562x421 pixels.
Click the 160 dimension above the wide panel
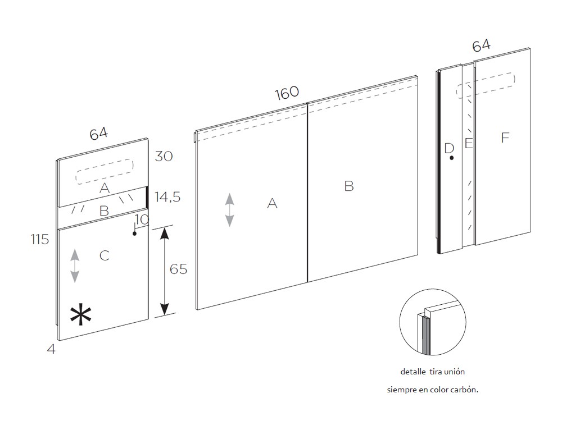click(287, 93)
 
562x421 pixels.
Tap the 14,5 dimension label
click(167, 197)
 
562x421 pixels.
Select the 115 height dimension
click(40, 239)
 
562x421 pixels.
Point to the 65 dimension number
click(178, 269)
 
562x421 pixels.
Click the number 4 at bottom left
click(51, 349)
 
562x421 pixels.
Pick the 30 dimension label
click(164, 156)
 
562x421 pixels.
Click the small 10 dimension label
click(142, 219)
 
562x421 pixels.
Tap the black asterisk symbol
click(80, 315)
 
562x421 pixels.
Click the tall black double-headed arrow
click(164, 271)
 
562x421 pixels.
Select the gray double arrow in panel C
click(75, 266)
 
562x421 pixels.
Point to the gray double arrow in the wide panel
click(229, 210)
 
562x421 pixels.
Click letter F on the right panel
click(505, 138)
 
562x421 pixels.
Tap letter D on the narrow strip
click(449, 148)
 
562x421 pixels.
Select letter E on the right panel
click(469, 143)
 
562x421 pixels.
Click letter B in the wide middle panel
click(349, 186)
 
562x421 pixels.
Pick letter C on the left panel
click(105, 255)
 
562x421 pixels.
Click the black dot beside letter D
click(452, 158)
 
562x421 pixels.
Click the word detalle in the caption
click(413, 372)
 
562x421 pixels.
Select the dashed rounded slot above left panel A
click(105, 172)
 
